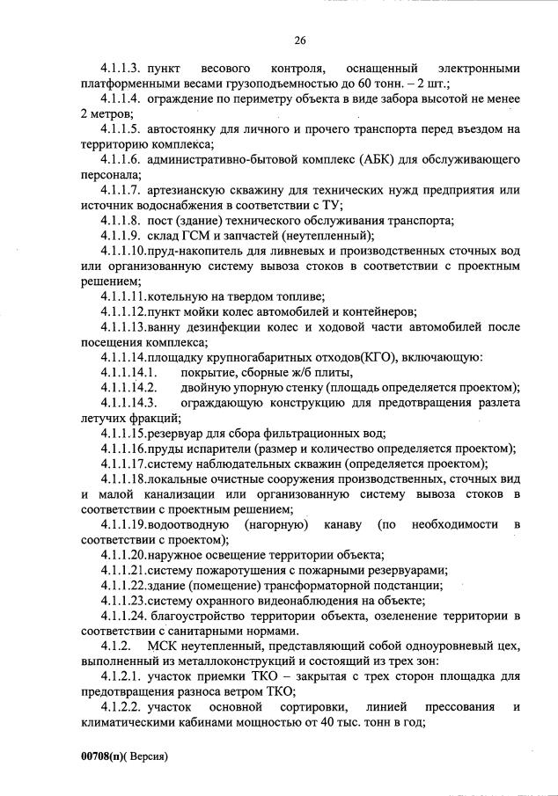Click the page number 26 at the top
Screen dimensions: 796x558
300,40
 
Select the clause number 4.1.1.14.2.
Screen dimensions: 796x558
128,387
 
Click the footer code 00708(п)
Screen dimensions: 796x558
105,755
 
